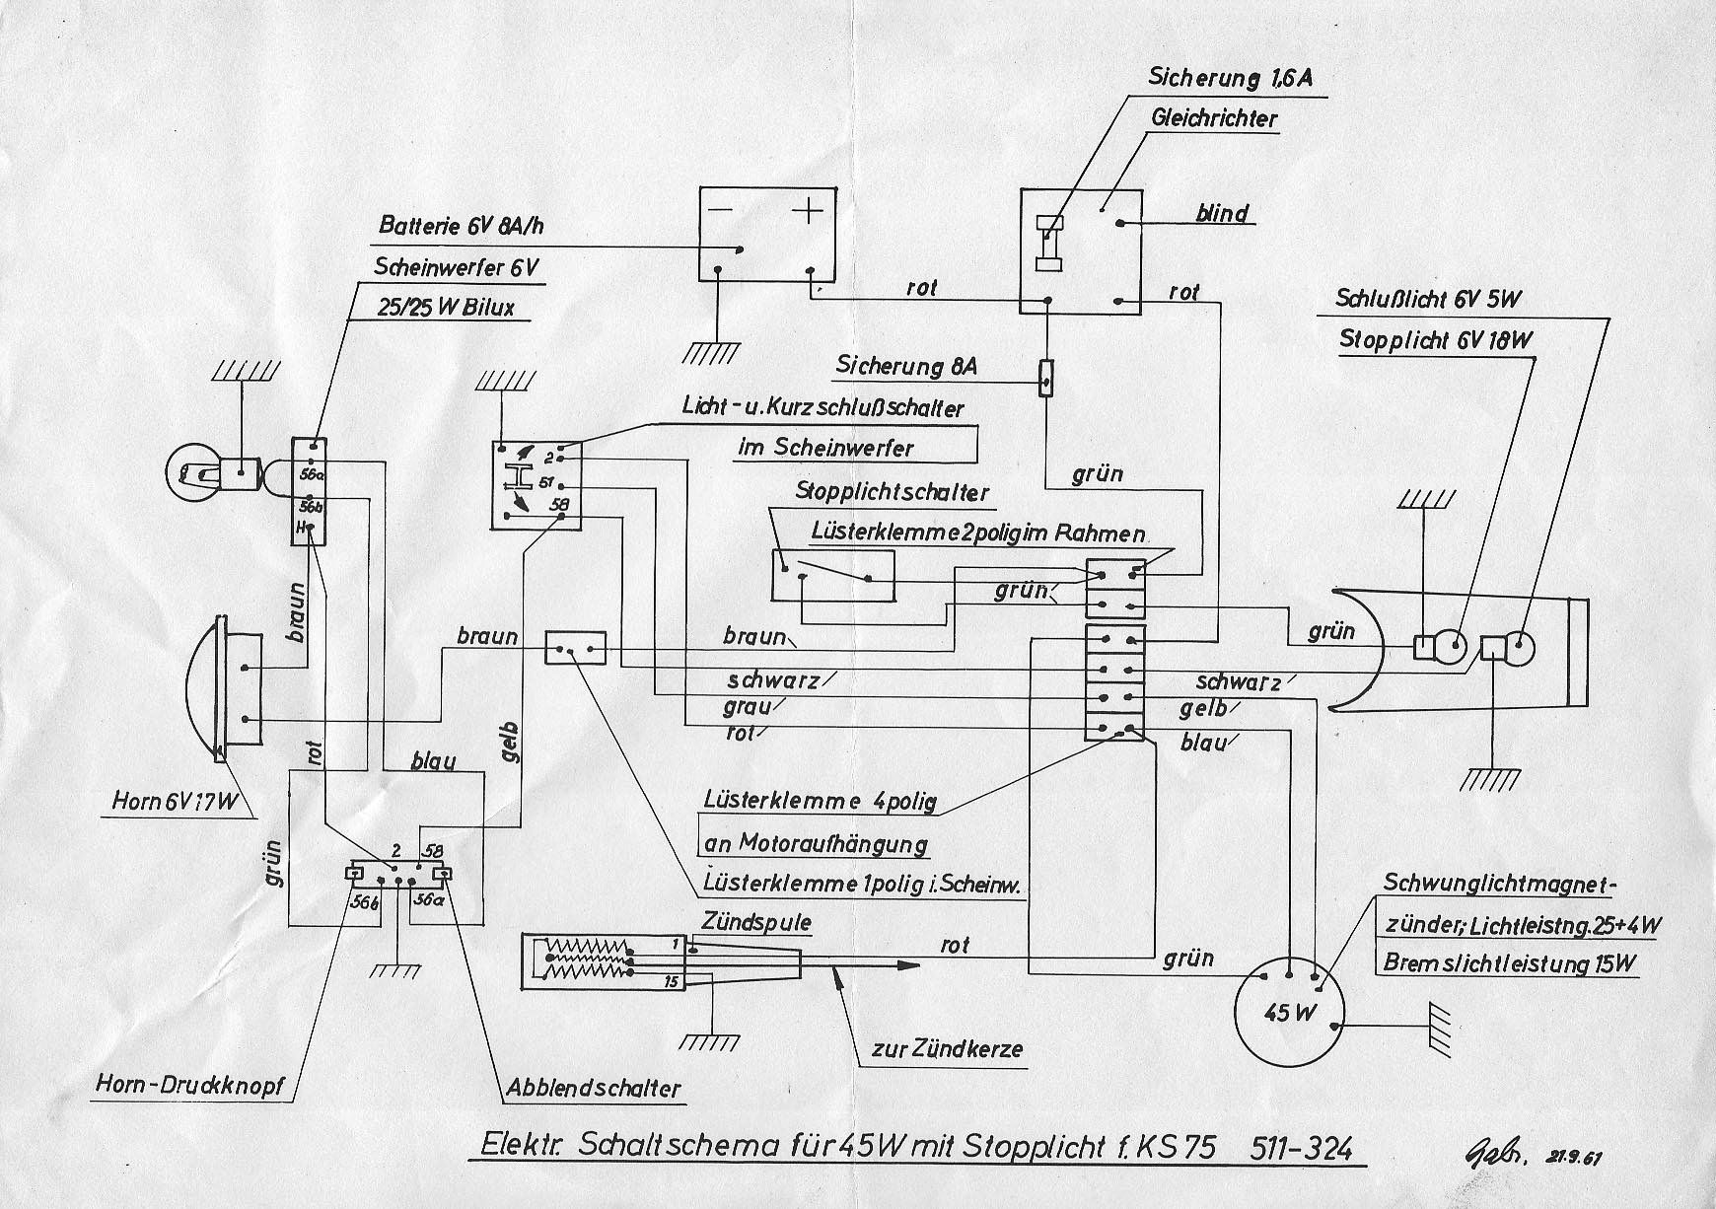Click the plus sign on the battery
pos(808,211)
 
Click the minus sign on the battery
pos(721,211)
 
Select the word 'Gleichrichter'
pos(1214,119)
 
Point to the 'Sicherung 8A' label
pos(906,366)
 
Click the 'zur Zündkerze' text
pos(946,1049)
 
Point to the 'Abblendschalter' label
pos(593,1088)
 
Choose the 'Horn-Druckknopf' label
pos(189,1085)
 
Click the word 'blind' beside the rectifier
pos(1222,213)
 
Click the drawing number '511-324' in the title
pos(1300,1149)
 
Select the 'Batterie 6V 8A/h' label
pos(462,226)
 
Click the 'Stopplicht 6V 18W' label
pos(1436,341)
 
